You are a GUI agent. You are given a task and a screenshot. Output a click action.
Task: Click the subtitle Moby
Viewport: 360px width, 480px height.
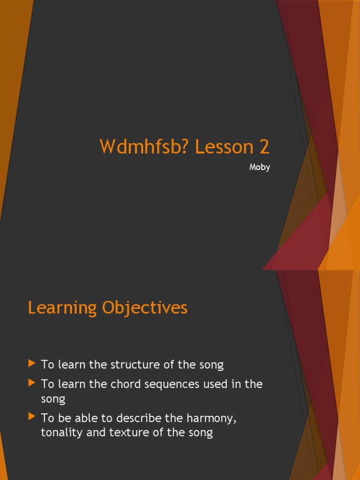260,167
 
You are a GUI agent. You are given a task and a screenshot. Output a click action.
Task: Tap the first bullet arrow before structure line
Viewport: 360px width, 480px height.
32,363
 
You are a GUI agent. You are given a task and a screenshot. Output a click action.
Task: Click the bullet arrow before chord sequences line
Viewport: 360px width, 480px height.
32,383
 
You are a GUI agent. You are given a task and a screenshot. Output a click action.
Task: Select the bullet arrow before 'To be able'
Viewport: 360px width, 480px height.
32,416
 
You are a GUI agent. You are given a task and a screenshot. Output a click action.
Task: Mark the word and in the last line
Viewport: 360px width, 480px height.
95,432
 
